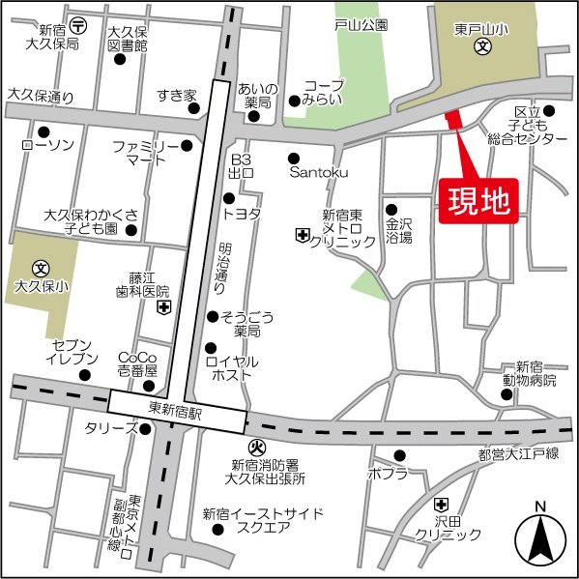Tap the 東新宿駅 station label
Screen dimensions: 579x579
tap(177, 409)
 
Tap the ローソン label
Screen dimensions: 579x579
tap(46, 145)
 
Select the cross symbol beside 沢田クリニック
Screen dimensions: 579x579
tap(442, 504)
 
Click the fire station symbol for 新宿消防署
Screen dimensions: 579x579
tap(257, 447)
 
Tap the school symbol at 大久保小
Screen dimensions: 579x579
tap(41, 267)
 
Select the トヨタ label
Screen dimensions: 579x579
tap(242, 215)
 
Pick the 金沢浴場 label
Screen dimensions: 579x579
tap(399, 229)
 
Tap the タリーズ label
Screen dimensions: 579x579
tap(111, 426)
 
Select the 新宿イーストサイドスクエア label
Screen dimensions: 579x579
tap(263, 520)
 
